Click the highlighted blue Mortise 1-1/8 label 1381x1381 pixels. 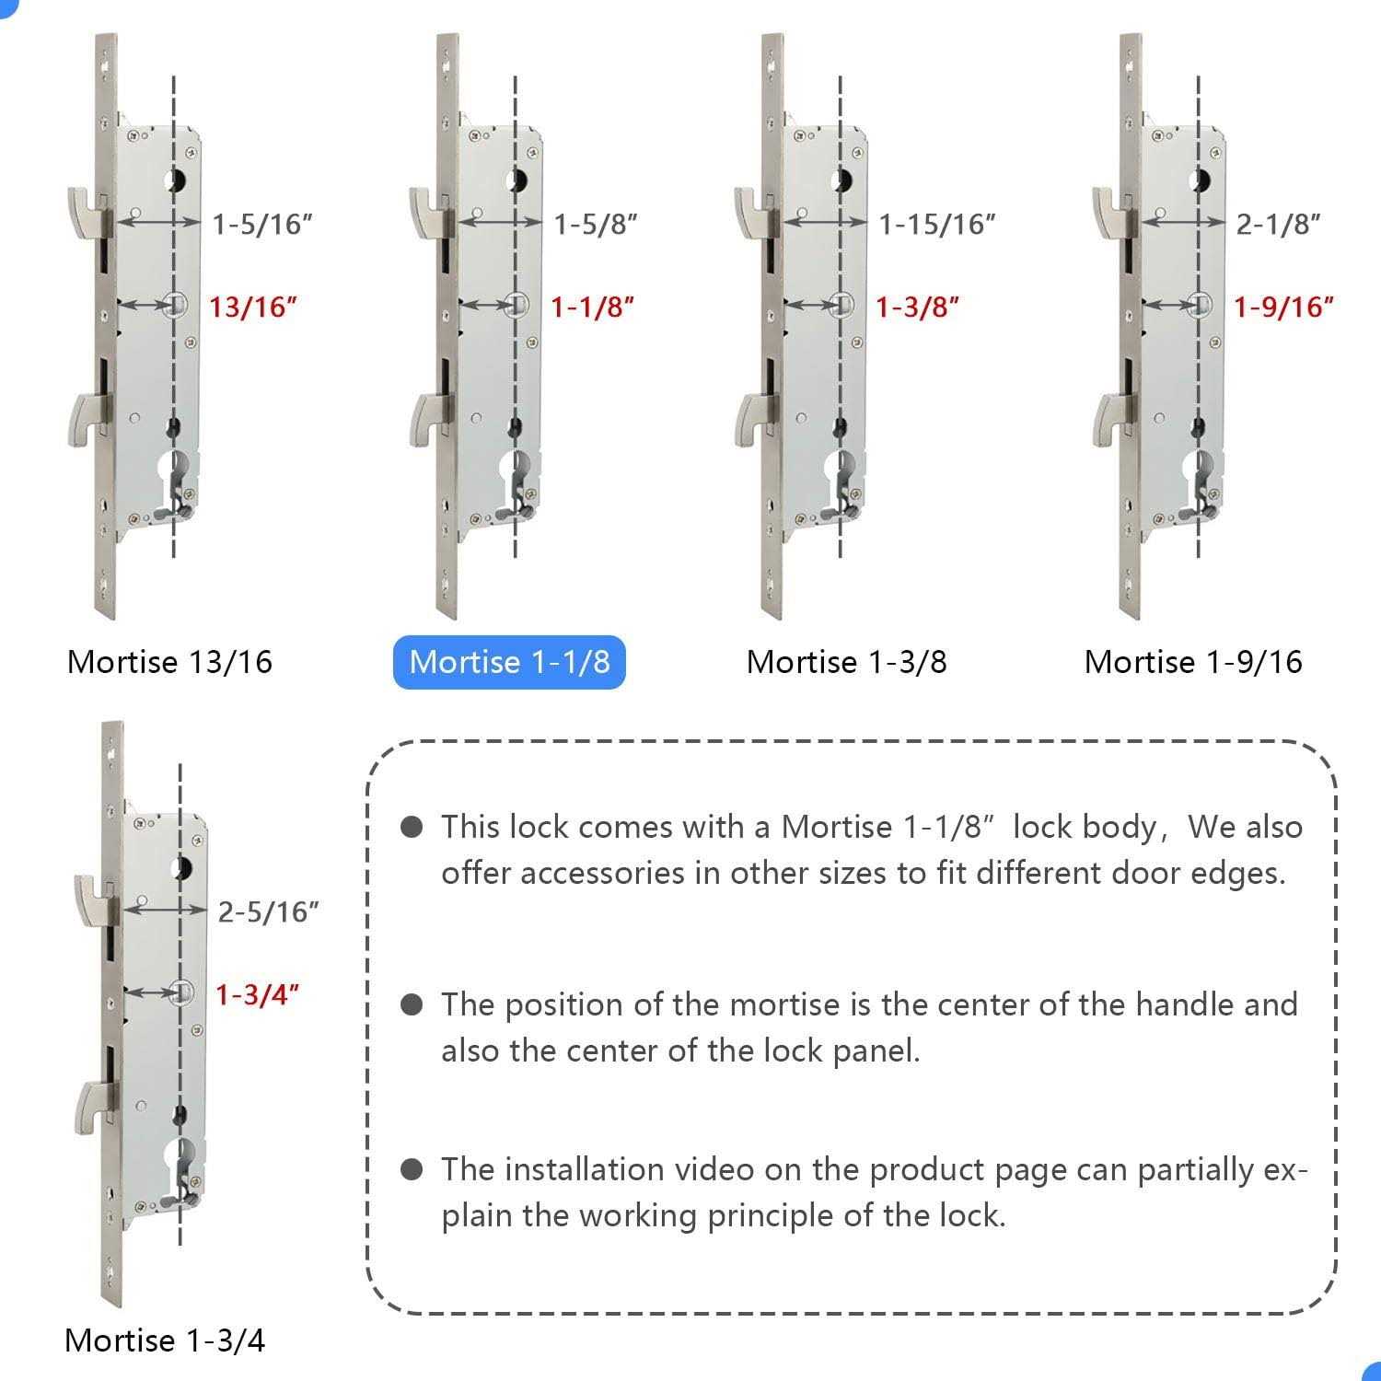509,662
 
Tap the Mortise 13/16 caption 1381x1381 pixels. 170,662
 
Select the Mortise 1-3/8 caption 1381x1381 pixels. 847,662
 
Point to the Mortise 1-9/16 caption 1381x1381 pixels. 1193,662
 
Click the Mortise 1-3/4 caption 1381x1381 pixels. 165,1340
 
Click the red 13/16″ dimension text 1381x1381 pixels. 254,307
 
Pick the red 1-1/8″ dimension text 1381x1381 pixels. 593,307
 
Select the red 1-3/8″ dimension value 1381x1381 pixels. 917,307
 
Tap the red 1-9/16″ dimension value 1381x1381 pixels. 1284,307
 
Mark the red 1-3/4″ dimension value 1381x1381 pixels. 258,995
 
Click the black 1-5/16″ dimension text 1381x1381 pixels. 263,224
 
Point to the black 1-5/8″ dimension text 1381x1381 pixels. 596,224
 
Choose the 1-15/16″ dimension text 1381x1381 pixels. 937,224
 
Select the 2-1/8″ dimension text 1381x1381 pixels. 1279,224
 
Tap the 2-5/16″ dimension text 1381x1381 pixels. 269,912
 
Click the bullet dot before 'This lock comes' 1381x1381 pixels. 412,827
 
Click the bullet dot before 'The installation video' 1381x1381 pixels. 412,1169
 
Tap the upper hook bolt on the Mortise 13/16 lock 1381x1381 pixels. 89,211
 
